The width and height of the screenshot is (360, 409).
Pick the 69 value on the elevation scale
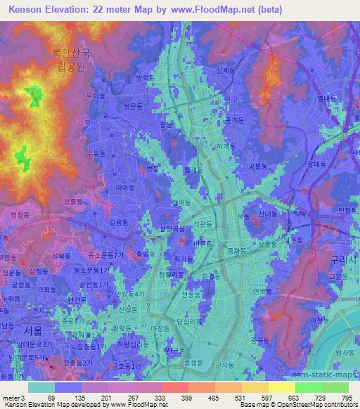51,397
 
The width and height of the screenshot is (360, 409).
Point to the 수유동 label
95,152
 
